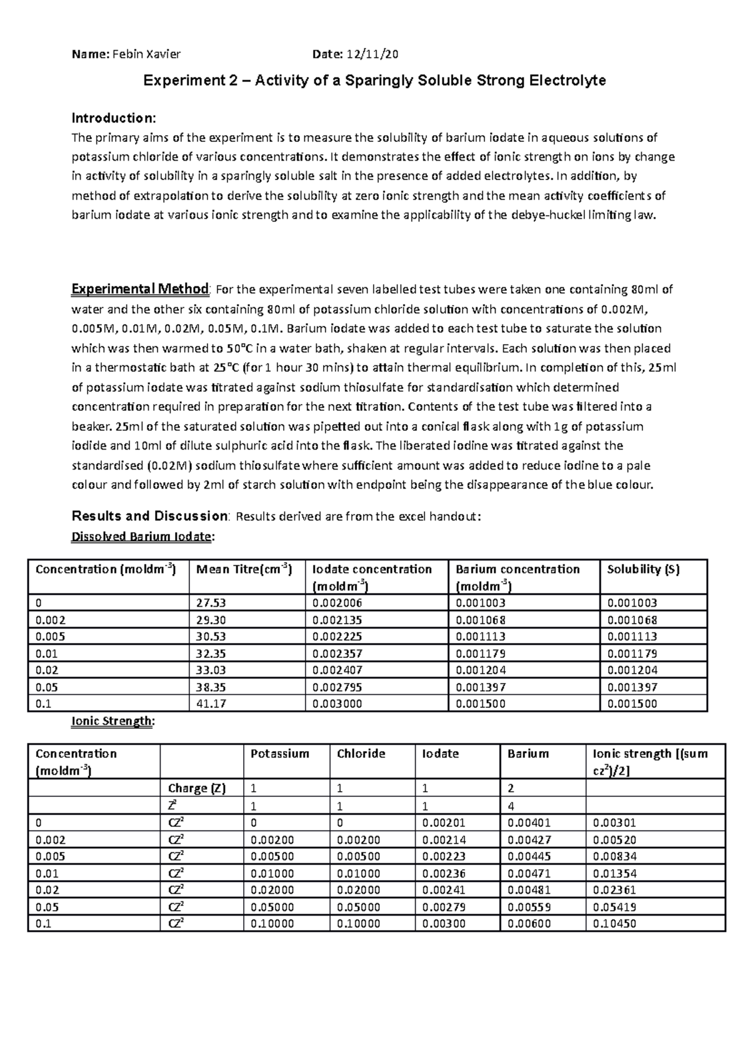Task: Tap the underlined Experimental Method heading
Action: (x=140, y=289)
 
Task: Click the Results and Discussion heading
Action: (x=150, y=516)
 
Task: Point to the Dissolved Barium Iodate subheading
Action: (x=142, y=536)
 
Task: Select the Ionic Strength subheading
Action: (x=112, y=721)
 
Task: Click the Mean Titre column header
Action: (x=244, y=569)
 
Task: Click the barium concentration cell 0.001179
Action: (x=480, y=653)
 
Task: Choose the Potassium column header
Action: (x=279, y=754)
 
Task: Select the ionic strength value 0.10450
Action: (x=614, y=923)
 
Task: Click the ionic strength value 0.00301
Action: (x=614, y=823)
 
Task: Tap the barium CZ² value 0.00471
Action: (x=529, y=873)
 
